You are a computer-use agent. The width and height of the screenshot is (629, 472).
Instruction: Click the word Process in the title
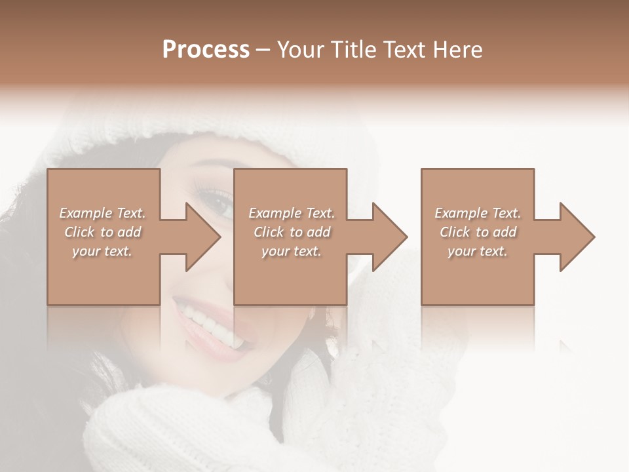pyautogui.click(x=206, y=50)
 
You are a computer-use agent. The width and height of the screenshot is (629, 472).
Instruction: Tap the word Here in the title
pyautogui.click(x=458, y=50)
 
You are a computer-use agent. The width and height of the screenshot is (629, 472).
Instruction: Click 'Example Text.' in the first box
pyautogui.click(x=102, y=213)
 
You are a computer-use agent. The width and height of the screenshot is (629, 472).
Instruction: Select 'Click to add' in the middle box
pyautogui.click(x=292, y=232)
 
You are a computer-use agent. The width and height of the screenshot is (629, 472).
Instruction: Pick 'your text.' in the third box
pyautogui.click(x=478, y=251)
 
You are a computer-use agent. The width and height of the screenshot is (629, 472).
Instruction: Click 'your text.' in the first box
pyautogui.click(x=102, y=251)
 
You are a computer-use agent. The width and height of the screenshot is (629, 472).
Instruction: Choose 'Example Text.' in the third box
pyautogui.click(x=478, y=213)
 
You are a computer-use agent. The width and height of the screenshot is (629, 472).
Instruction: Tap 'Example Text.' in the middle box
pyautogui.click(x=292, y=213)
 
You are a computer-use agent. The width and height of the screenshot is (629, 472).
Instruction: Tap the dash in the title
pyautogui.click(x=263, y=50)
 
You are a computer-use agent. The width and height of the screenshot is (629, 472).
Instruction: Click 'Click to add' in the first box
pyautogui.click(x=102, y=232)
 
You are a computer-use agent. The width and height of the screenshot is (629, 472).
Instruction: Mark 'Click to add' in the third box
pyautogui.click(x=478, y=232)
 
